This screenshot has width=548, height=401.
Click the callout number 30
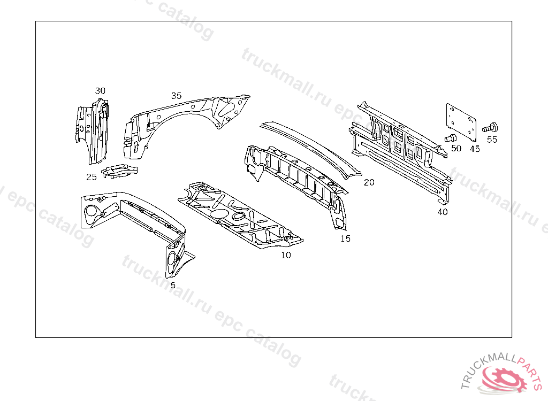[x=100, y=91]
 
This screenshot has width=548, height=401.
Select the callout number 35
[x=176, y=96]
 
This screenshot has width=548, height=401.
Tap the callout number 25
[x=92, y=177]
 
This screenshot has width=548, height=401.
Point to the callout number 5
[x=173, y=286]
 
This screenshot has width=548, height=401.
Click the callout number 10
[x=286, y=256]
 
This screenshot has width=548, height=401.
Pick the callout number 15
[x=345, y=239]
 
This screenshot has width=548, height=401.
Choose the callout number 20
[x=369, y=182]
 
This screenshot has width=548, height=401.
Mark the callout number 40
[x=442, y=212]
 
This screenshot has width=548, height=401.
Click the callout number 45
[x=475, y=149]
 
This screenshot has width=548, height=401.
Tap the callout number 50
[x=456, y=149]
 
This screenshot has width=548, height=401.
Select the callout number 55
[x=492, y=140]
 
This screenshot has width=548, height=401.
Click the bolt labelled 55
[x=490, y=128]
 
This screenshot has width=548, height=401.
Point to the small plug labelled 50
[x=449, y=139]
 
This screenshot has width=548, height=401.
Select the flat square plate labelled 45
[x=461, y=120]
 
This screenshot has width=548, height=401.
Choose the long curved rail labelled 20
[x=310, y=147]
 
